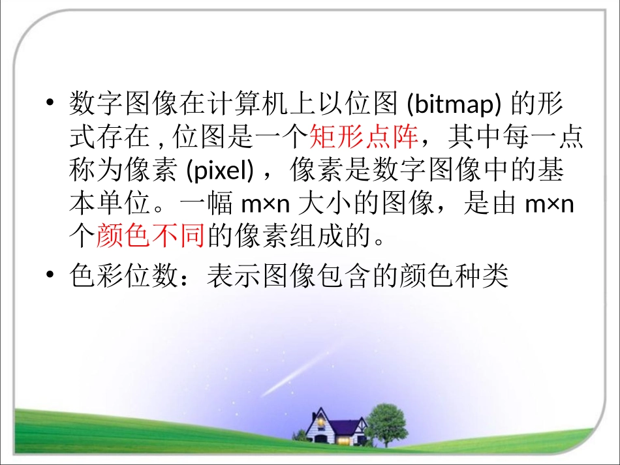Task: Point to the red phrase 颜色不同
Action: tap(151, 237)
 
